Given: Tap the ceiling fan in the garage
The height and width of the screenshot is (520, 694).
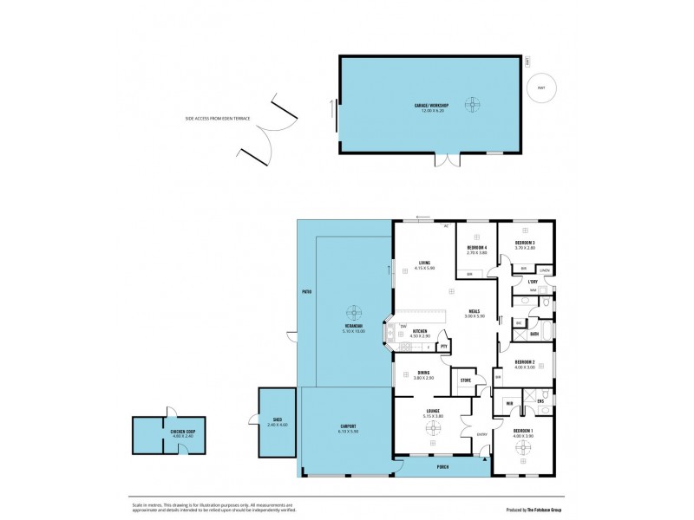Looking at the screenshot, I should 473,106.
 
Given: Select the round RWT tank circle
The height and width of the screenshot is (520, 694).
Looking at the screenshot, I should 541,88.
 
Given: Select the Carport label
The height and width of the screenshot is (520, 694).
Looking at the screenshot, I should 347,426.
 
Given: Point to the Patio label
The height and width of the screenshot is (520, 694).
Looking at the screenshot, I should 306,292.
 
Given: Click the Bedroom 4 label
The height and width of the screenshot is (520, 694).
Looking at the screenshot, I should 476,248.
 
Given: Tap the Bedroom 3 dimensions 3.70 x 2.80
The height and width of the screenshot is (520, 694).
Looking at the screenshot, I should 525,249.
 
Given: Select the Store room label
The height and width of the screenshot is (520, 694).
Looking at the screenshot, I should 465,380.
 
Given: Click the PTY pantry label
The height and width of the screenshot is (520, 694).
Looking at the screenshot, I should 444,347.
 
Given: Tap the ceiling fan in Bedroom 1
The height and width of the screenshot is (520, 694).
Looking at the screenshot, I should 523,448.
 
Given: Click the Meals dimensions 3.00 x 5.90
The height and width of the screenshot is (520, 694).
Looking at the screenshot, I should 475,315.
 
